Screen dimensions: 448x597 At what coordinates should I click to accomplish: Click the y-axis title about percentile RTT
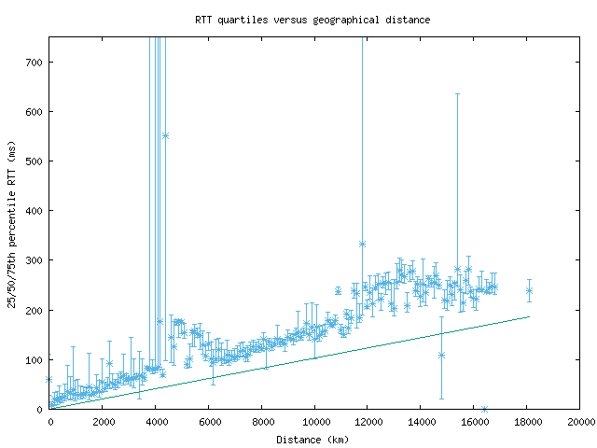[11, 223]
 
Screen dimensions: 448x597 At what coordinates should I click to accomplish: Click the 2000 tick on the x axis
[103, 422]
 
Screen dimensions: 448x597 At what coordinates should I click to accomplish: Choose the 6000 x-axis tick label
[209, 422]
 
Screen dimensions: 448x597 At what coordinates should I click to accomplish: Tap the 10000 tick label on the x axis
[315, 422]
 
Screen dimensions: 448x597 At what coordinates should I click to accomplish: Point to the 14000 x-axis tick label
[422, 422]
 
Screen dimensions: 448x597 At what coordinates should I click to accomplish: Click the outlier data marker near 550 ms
[165, 135]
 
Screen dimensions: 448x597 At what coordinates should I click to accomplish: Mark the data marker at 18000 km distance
[529, 290]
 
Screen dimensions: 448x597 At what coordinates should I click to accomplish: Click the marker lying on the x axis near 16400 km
[484, 409]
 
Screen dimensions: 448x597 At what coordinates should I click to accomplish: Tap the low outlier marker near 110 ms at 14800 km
[441, 355]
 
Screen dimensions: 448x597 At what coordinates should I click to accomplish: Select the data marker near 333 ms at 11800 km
[362, 244]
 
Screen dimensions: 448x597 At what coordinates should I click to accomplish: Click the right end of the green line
[529, 316]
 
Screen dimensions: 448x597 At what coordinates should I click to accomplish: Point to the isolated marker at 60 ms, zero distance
[49, 379]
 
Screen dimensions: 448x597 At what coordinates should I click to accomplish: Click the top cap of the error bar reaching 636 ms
[457, 93]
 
